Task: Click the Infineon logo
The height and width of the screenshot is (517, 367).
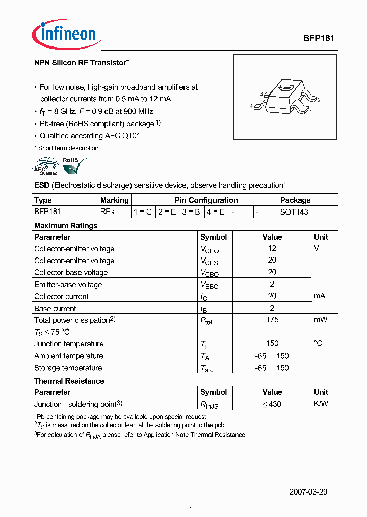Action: coord(64,34)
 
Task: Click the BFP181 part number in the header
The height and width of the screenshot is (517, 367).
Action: coord(319,38)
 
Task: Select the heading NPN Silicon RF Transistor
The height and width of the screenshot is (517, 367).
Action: coord(81,63)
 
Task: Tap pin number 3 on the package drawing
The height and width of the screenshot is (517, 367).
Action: coord(261,94)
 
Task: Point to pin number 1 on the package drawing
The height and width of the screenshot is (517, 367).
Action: coord(311,111)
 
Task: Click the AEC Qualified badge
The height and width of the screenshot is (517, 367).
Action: coord(46,167)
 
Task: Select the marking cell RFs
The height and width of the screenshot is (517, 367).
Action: coord(108,211)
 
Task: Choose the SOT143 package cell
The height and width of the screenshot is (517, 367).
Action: coord(294,211)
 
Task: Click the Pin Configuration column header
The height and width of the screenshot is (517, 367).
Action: coord(206,200)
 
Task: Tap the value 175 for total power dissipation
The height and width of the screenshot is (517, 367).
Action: coord(272,320)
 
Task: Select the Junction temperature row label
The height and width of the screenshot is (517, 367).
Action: coord(69,344)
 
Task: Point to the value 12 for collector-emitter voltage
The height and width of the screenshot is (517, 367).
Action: coord(272,248)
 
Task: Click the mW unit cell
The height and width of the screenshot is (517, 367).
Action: coord(321,320)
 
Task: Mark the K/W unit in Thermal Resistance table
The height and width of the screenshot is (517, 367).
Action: coord(321,404)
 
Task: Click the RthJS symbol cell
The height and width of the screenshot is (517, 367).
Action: coord(209,405)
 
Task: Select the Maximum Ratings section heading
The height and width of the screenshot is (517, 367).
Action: coord(66,226)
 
